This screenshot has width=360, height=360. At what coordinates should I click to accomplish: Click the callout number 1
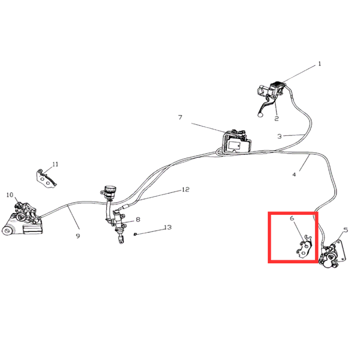[x=319, y=64]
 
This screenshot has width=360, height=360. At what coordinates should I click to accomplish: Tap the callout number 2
[x=276, y=119]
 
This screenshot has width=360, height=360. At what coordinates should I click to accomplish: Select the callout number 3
[x=279, y=136]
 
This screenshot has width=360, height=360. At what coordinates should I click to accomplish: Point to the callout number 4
[x=294, y=174]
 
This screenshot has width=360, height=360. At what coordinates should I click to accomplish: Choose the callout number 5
[x=345, y=230]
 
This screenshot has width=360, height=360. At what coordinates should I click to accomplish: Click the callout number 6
[x=292, y=218]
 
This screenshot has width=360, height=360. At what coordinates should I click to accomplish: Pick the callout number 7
[x=180, y=117]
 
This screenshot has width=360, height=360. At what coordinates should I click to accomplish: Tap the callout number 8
[x=138, y=219]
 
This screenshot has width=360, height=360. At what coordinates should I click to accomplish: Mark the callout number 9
[x=78, y=236]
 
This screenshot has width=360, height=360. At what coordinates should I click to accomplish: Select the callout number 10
[x=10, y=195]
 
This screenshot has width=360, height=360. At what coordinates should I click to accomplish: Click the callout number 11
[x=56, y=164]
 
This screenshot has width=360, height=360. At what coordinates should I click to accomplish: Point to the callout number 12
[x=186, y=189]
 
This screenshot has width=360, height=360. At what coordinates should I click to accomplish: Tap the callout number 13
[x=168, y=227]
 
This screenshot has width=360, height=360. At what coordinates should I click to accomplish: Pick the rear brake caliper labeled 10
[x=23, y=219]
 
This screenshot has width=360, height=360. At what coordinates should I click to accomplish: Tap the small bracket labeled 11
[x=46, y=179]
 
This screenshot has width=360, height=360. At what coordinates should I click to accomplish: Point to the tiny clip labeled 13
[x=135, y=234]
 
